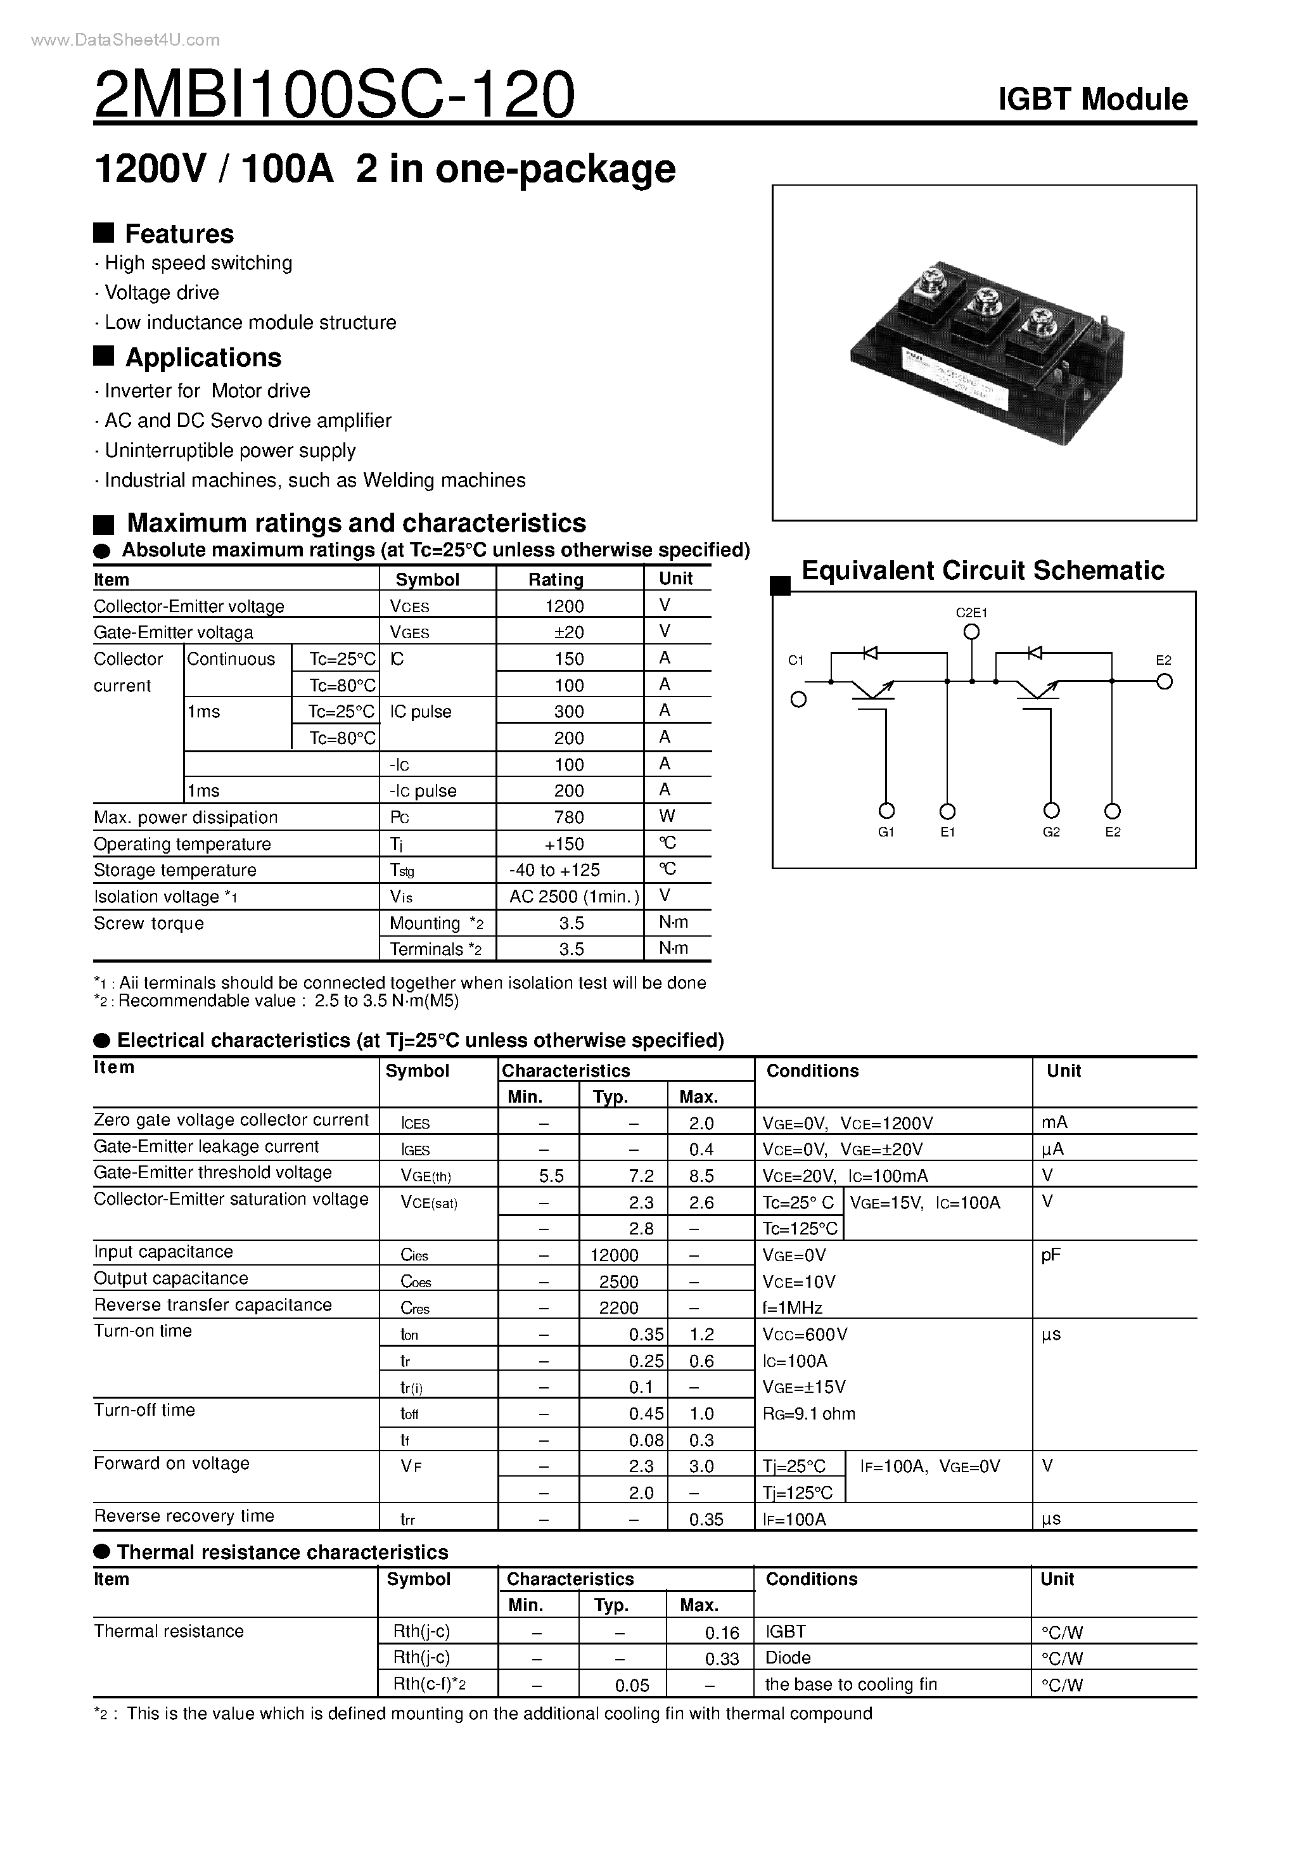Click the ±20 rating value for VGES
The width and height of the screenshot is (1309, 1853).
[x=568, y=632]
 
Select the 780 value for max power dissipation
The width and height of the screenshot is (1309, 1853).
[x=568, y=817]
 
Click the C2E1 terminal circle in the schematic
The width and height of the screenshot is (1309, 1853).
[x=972, y=632]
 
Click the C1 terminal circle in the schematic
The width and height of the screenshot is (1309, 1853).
[x=798, y=700]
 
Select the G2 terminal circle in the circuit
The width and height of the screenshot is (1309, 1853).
[x=1050, y=811]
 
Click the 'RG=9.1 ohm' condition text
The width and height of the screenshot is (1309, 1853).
[x=808, y=1414]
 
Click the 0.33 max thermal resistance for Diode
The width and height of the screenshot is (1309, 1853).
[x=722, y=1659]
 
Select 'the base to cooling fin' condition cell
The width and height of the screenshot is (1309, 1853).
[x=851, y=1685]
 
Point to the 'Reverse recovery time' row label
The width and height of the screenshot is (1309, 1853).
[x=184, y=1516]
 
